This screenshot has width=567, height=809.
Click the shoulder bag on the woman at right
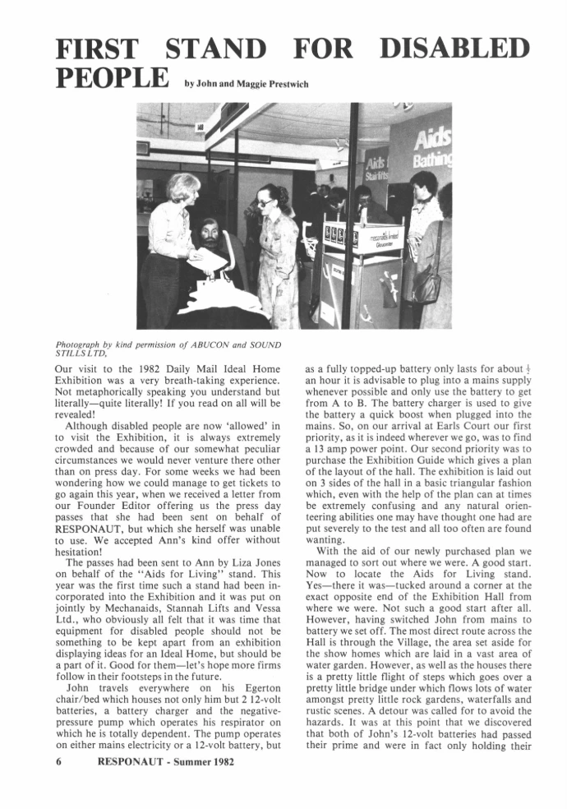pyautogui.click(x=426, y=284)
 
